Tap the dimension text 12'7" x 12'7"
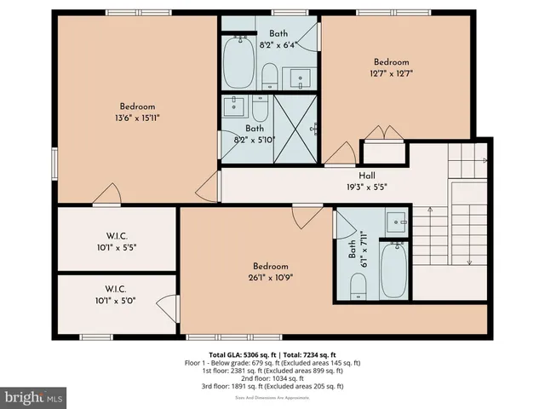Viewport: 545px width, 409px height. click(392, 73)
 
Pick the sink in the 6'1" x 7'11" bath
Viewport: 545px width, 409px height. click(394, 224)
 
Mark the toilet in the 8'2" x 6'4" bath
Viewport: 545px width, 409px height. click(268, 75)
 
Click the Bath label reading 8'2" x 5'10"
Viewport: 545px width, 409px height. click(247, 133)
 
